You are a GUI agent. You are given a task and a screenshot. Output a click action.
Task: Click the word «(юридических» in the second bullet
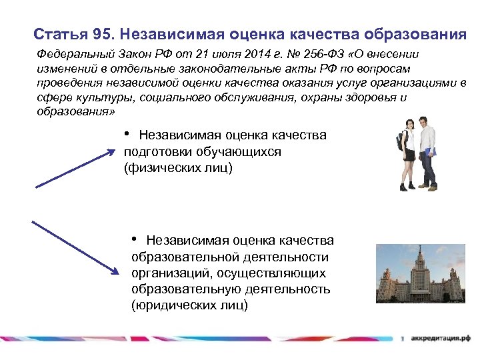[170, 305]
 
